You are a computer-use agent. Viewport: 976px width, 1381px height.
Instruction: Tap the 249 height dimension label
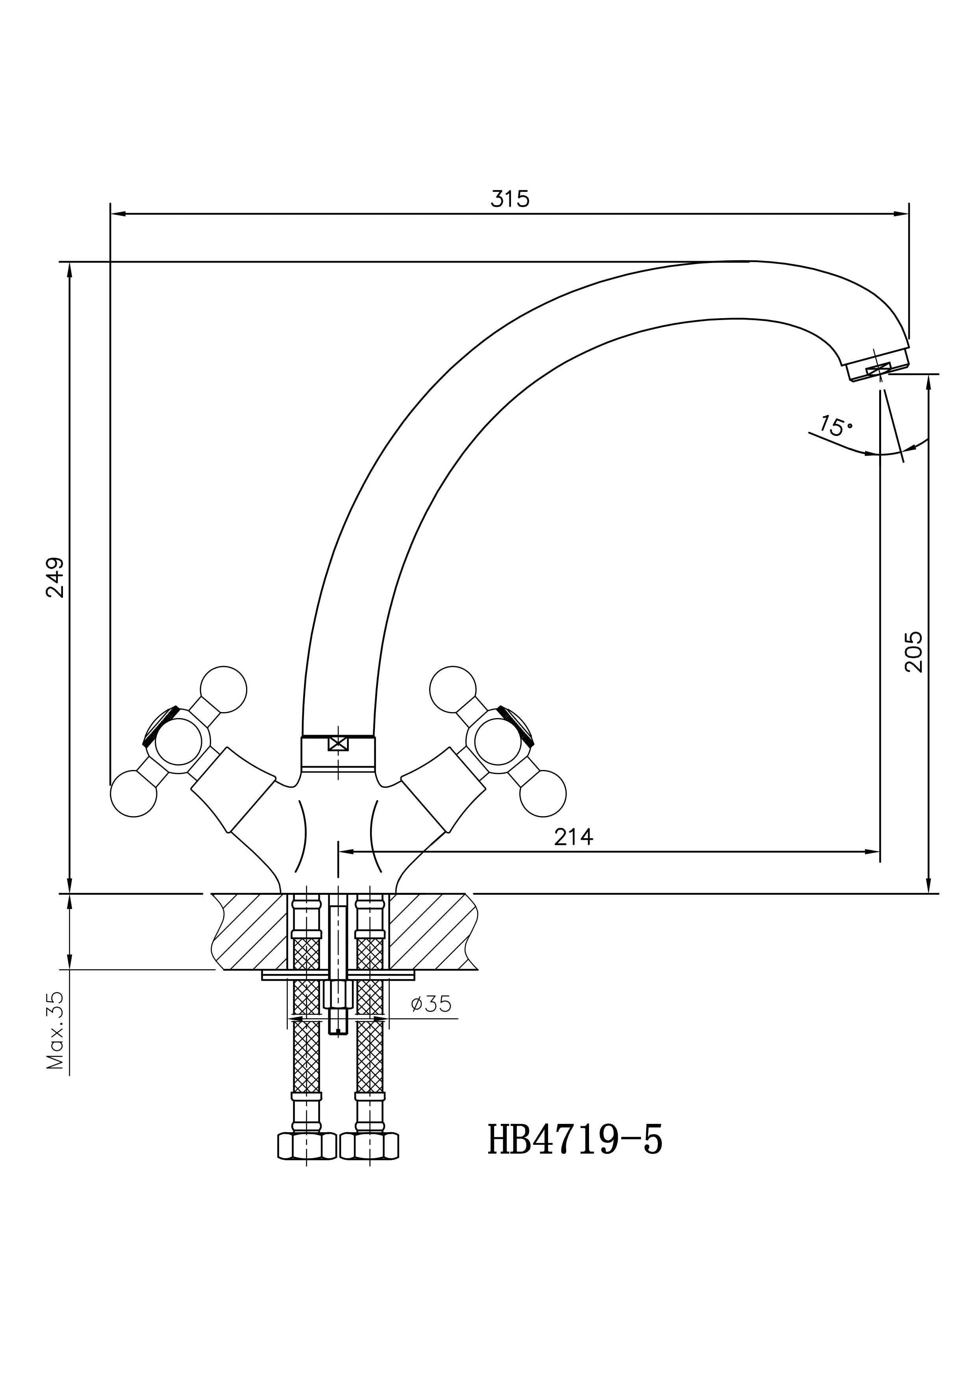click(x=56, y=578)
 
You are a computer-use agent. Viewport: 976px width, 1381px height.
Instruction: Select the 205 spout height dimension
click(x=913, y=652)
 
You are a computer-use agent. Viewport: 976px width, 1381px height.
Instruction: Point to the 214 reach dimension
click(x=573, y=837)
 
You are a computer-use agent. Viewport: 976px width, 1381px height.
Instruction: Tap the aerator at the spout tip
click(x=878, y=369)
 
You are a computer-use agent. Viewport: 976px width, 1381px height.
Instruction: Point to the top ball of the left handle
click(x=223, y=690)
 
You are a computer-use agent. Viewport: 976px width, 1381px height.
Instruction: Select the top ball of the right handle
click(x=453, y=690)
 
